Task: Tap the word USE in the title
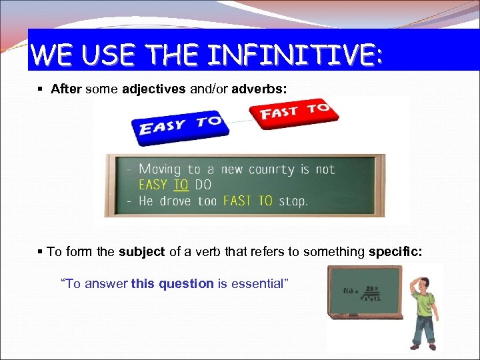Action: click(x=101, y=54)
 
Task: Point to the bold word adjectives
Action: click(x=154, y=89)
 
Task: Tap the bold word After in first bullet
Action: click(x=65, y=89)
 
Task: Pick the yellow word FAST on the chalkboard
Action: click(x=237, y=201)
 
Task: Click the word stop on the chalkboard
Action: click(x=292, y=201)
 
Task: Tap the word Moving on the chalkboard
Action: click(x=160, y=169)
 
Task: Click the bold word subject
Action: click(x=141, y=251)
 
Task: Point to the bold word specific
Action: click(x=399, y=251)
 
